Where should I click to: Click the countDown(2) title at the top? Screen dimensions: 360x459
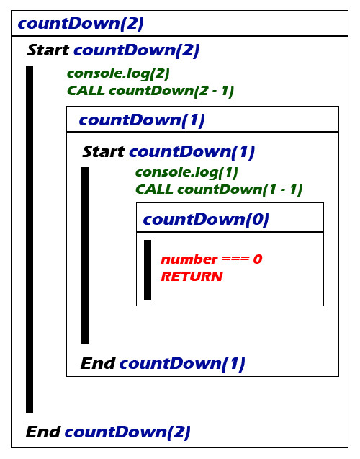point(81,24)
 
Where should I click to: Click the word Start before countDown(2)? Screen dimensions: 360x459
point(48,50)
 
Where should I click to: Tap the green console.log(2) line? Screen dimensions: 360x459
point(119,74)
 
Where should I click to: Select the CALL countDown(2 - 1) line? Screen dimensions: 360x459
point(150,91)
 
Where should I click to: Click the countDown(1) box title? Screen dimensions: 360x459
point(142,120)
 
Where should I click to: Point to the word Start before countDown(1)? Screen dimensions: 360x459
point(104,151)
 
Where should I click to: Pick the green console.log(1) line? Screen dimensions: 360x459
point(186,173)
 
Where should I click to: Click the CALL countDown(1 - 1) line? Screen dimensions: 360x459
point(219,190)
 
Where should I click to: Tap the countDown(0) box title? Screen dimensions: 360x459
point(206,220)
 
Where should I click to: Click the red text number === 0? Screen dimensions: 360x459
point(212,259)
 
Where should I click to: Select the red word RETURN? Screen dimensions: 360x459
point(192,277)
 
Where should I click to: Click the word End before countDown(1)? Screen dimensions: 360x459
point(98,364)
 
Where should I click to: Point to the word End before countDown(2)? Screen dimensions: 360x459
point(43,432)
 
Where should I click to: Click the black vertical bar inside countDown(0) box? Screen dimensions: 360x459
point(148,270)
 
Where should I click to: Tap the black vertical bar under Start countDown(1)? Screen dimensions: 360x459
point(85,256)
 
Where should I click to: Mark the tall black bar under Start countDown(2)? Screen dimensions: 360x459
point(30,239)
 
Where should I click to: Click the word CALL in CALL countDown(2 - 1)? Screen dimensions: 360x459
point(86,91)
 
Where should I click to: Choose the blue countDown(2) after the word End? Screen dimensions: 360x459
point(127,432)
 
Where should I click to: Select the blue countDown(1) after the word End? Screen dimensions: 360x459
point(182,364)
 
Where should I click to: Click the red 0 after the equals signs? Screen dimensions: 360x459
point(258,259)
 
